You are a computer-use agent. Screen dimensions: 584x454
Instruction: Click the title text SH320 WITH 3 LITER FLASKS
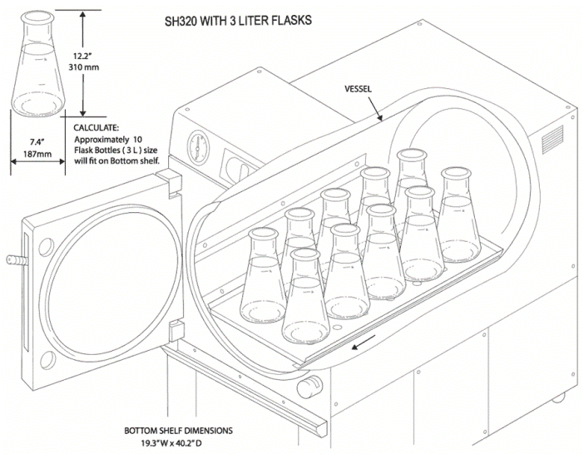point(239,21)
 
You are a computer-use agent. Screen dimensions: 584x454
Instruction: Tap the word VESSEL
point(358,89)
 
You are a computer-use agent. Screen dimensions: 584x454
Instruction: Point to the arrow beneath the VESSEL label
point(375,108)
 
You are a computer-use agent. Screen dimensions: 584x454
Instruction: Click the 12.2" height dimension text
point(82,56)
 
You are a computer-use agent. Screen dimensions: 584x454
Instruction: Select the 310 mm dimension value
point(84,67)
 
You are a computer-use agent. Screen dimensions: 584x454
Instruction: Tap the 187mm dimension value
point(37,154)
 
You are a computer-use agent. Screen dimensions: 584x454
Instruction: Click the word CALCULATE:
point(97,128)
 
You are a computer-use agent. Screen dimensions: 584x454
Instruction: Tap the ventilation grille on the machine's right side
point(552,139)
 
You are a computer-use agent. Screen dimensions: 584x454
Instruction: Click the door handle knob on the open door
point(17,260)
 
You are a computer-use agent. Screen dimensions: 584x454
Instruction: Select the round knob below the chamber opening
point(309,387)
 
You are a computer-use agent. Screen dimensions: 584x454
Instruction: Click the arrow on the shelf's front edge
point(364,343)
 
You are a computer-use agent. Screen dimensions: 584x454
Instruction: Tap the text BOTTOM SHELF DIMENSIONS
point(178,431)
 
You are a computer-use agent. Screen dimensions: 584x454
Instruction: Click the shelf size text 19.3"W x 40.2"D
point(172,443)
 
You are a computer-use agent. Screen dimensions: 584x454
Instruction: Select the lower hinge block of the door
point(176,331)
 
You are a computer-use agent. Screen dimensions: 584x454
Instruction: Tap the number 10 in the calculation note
point(137,140)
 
